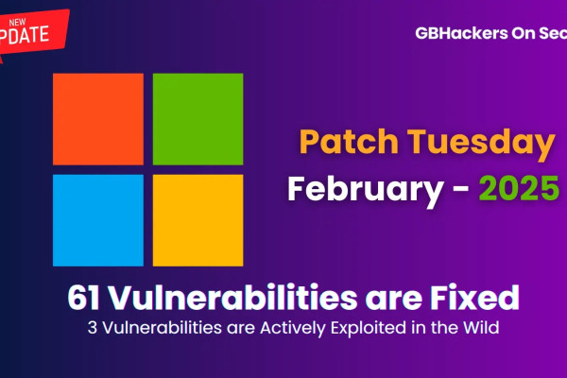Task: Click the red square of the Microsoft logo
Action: [98, 119]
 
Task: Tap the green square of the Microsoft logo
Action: [198, 119]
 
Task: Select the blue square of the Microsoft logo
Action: [98, 218]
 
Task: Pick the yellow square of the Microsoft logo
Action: [198, 218]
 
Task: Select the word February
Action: [356, 189]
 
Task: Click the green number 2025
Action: [518, 189]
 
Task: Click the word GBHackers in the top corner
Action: [458, 32]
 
